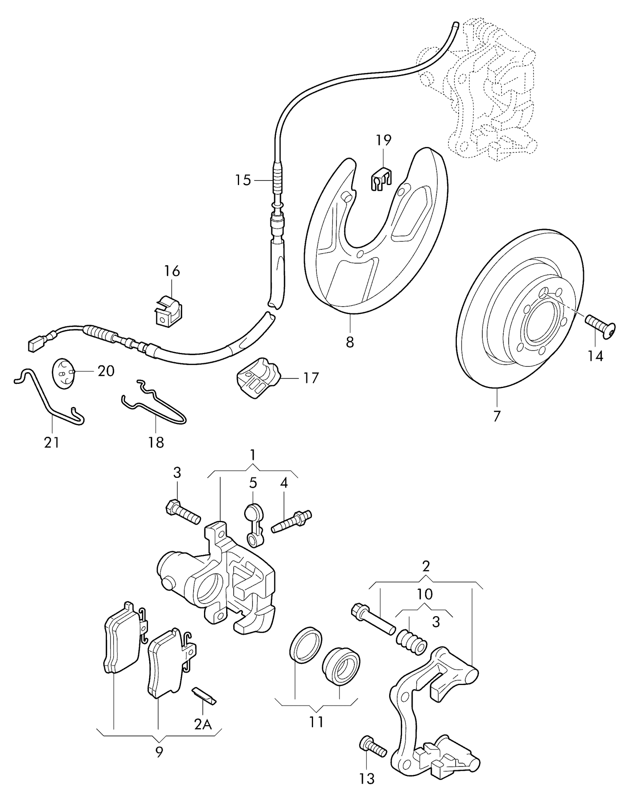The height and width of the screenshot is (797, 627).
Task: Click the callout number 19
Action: click(383, 140)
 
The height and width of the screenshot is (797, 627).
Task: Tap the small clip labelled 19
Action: click(381, 179)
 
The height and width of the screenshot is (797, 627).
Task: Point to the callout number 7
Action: click(497, 416)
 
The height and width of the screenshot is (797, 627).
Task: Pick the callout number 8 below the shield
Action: click(350, 341)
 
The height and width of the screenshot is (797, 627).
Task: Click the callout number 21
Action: click(52, 442)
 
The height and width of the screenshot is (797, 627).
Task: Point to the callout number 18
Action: click(156, 442)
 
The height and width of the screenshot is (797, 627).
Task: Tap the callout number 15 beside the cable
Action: click(243, 180)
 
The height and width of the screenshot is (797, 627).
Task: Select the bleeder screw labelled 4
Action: click(292, 522)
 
